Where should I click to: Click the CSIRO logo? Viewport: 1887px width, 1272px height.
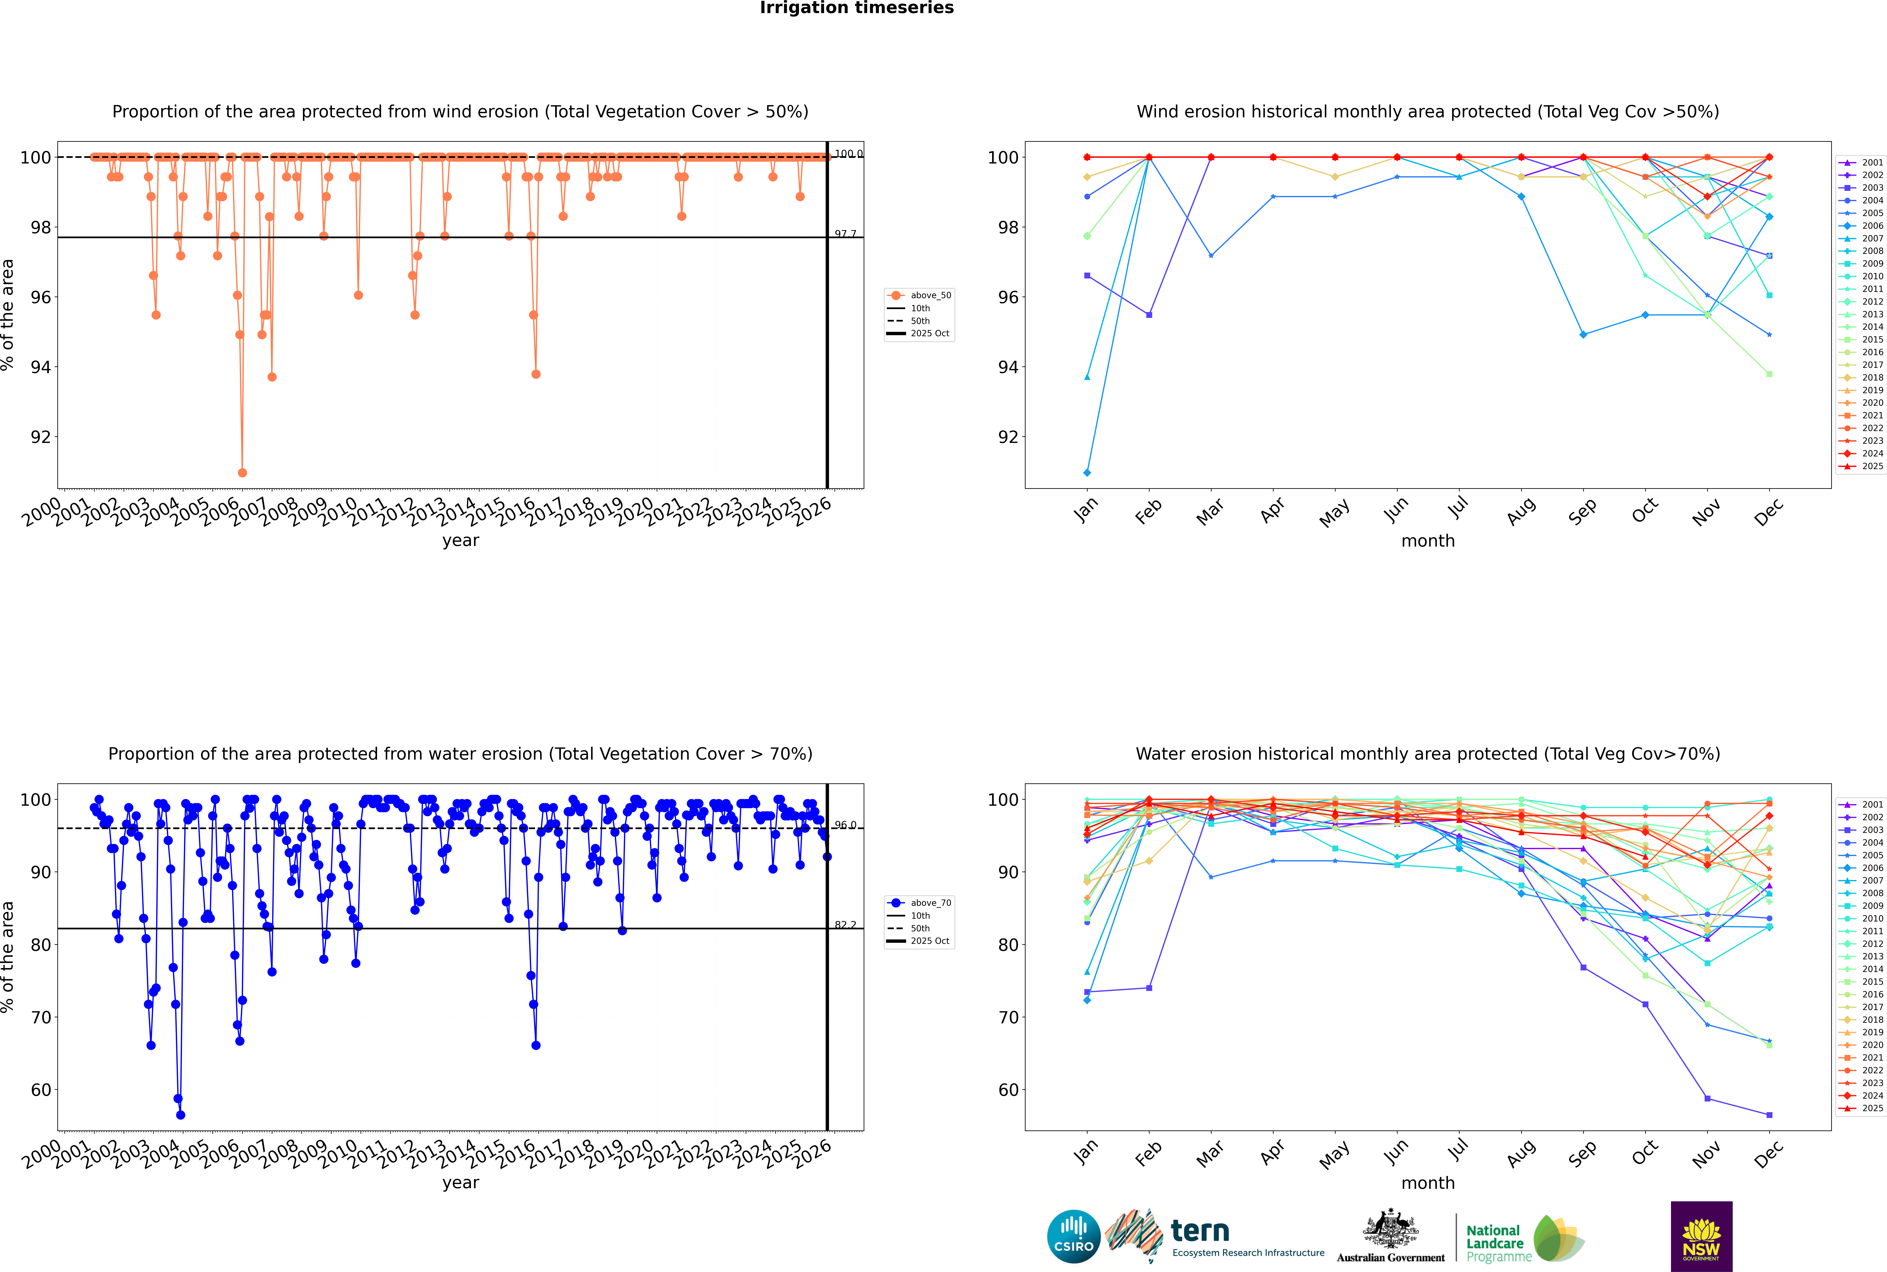click(x=1073, y=1236)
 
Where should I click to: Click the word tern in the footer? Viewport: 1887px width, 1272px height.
click(x=1200, y=1232)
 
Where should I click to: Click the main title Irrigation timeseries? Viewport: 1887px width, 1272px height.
click(x=857, y=8)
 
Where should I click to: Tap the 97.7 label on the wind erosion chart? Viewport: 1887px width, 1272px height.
click(x=845, y=234)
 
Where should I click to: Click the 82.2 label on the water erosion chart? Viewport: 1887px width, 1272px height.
click(x=845, y=925)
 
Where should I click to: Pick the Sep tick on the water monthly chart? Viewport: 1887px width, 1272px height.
click(x=1582, y=1154)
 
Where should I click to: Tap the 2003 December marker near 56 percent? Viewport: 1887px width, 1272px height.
click(x=1769, y=1115)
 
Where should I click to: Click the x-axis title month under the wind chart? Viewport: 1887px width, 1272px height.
click(x=1428, y=541)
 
